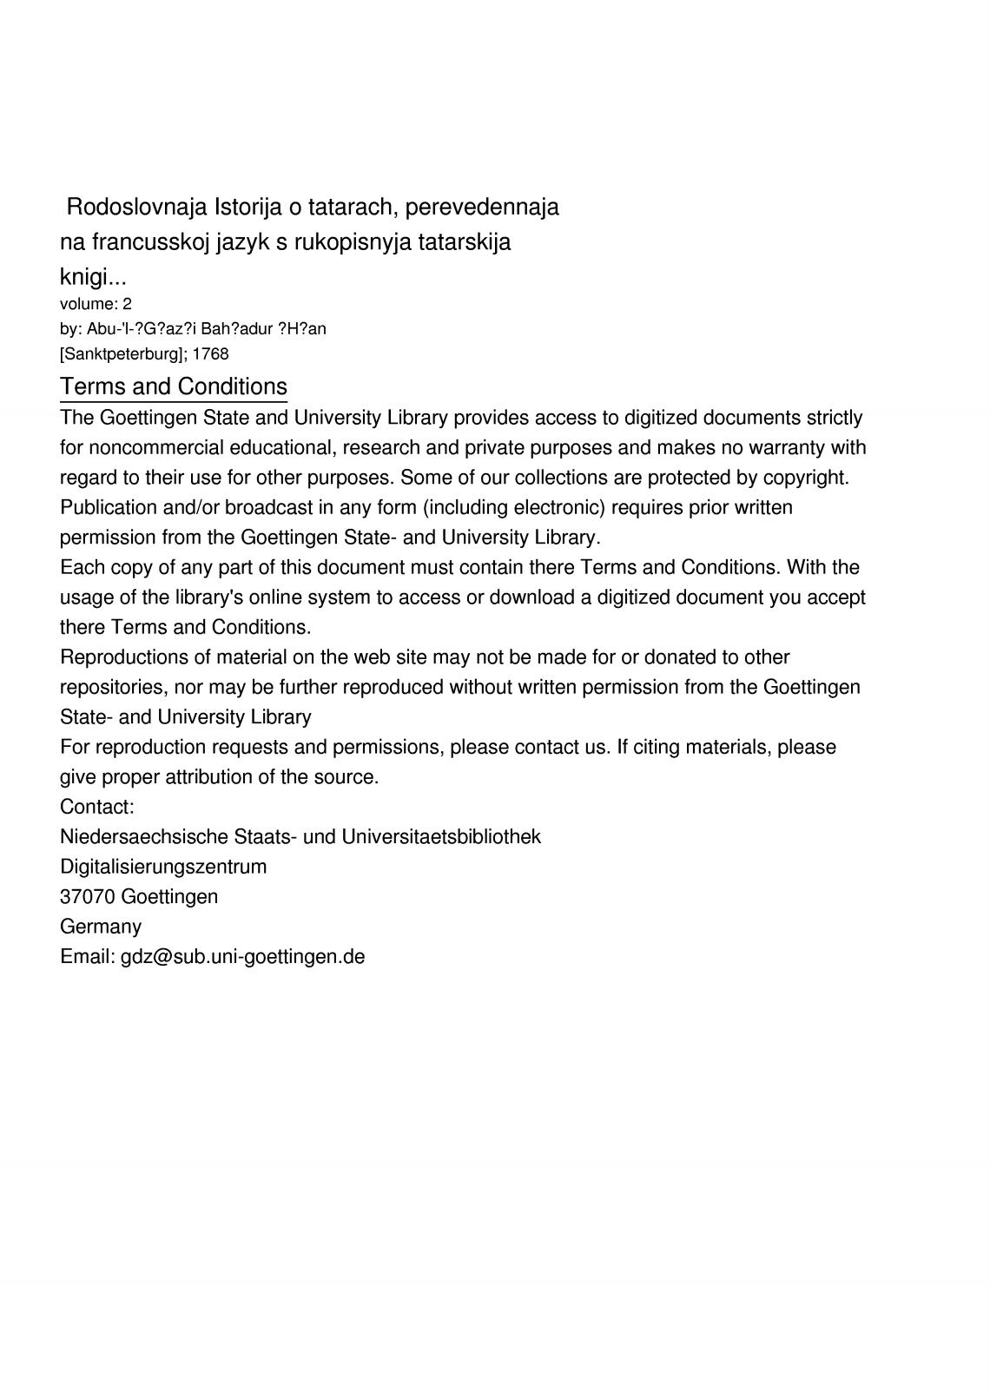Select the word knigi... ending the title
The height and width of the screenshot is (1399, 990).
pyautogui.click(x=93, y=278)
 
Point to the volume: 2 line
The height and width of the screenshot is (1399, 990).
pyautogui.click(x=96, y=304)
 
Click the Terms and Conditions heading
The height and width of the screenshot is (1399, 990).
pyautogui.click(x=174, y=386)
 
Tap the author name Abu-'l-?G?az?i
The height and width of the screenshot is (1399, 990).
pyautogui.click(x=141, y=329)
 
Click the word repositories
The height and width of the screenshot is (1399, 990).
pyautogui.click(x=114, y=688)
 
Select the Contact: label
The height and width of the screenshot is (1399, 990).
pyautogui.click(x=97, y=808)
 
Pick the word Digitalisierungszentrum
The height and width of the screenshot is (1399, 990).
pyautogui.click(x=163, y=867)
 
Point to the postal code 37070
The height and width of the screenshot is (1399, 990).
pyautogui.click(x=87, y=897)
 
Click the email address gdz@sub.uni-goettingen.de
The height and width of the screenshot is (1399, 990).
pyautogui.click(x=242, y=957)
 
